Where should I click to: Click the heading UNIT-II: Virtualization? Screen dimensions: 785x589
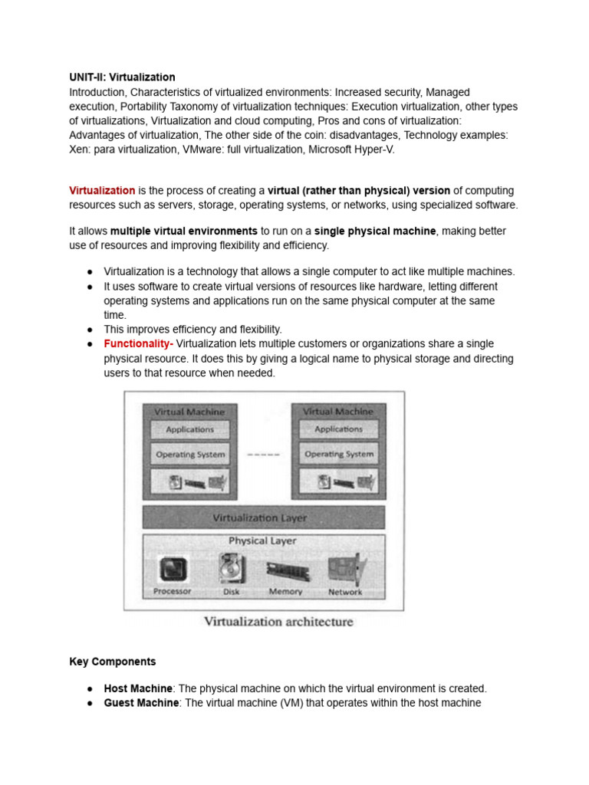point(122,77)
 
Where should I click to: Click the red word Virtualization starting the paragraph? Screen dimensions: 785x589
point(102,190)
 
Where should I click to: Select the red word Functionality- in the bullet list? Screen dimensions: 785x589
point(138,343)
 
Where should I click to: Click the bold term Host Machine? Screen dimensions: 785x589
point(137,688)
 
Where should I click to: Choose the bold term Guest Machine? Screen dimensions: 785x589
point(141,703)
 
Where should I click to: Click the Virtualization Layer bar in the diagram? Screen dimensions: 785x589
point(263,517)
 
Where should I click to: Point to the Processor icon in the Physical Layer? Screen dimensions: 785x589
point(173,570)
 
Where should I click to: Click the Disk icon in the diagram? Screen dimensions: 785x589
point(231,570)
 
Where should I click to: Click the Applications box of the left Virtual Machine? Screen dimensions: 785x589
point(189,430)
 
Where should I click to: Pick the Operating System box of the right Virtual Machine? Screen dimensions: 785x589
point(338,454)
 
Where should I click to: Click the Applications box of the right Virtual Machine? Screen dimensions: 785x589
point(338,430)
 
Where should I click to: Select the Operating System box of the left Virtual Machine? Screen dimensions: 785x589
point(190,454)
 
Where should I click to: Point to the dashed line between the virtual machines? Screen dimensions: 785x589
point(264,455)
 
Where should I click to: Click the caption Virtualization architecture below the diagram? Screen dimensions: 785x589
point(278,622)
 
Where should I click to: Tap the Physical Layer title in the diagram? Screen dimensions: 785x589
point(262,541)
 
